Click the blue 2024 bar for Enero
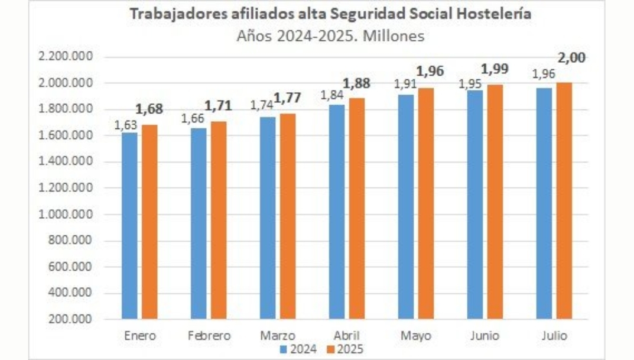(129, 225)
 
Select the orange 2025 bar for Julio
(563, 201)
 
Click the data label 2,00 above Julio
(573, 58)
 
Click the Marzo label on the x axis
(278, 336)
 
